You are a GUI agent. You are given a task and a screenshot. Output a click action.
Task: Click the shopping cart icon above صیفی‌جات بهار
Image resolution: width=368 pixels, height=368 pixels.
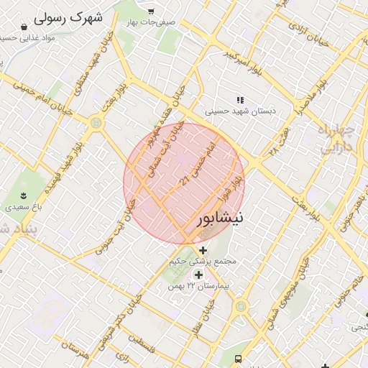coord(151,11)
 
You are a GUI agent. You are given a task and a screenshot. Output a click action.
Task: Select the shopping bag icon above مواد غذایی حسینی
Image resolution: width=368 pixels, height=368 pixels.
coord(24,27)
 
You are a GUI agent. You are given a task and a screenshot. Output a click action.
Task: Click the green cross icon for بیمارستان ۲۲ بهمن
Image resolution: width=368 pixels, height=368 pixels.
coord(198,275)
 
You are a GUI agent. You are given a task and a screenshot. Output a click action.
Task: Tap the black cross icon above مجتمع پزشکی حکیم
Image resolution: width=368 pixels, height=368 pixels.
coord(203,251)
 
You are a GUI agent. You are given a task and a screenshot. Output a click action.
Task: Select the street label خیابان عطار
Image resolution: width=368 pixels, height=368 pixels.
coord(211,317)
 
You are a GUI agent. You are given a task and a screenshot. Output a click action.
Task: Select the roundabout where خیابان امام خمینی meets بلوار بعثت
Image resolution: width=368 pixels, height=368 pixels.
coord(96,124)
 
